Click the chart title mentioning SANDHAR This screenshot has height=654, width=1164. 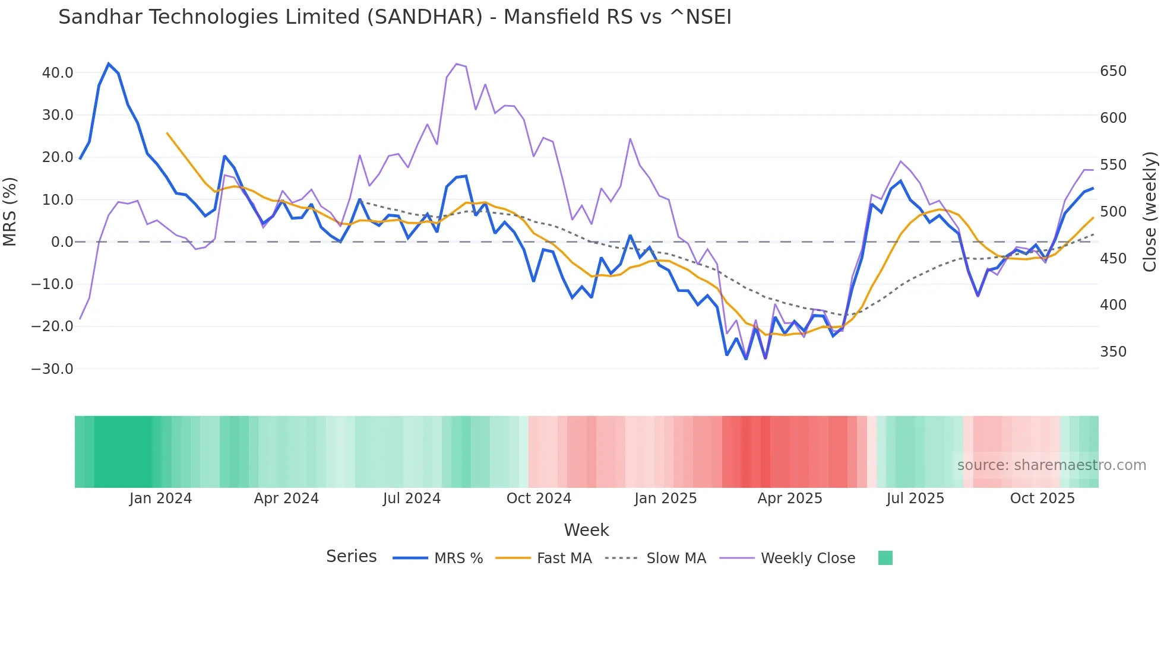[x=394, y=17]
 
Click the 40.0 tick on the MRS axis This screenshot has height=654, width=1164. [x=58, y=73]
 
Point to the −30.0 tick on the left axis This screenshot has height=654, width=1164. [x=52, y=369]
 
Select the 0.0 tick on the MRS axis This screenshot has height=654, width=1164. [x=62, y=242]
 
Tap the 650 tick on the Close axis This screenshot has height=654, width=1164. [x=1113, y=71]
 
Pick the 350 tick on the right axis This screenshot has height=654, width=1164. [x=1113, y=352]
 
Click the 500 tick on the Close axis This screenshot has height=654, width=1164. [x=1113, y=212]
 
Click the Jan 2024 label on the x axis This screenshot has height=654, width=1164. [x=160, y=499]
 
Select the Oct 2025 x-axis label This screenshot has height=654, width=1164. [x=1042, y=499]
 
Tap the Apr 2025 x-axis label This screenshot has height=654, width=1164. [x=790, y=499]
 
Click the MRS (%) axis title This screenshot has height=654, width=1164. [x=10, y=212]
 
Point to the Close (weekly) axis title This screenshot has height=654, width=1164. [x=1150, y=212]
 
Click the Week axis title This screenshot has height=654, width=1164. [x=586, y=530]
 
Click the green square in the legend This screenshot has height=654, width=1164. [x=885, y=558]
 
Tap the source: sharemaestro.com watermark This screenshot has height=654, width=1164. [x=1051, y=465]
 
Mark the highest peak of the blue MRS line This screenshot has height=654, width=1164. [x=109, y=64]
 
